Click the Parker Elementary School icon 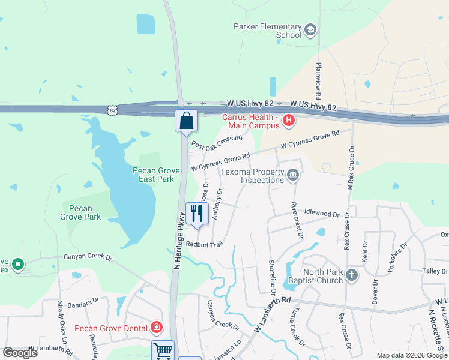(x=310, y=29)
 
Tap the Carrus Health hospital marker (x=289, y=121)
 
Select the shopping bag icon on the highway (x=187, y=120)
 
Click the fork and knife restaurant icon (x=196, y=213)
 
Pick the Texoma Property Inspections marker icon (x=293, y=176)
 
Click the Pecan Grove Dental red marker (x=157, y=328)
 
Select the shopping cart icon (x=163, y=351)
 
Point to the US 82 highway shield (x=112, y=110)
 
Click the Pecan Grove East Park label (x=156, y=175)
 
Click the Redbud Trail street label (x=204, y=244)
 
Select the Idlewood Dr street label (x=322, y=214)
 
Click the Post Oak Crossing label (x=216, y=142)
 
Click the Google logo (x=20, y=353)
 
